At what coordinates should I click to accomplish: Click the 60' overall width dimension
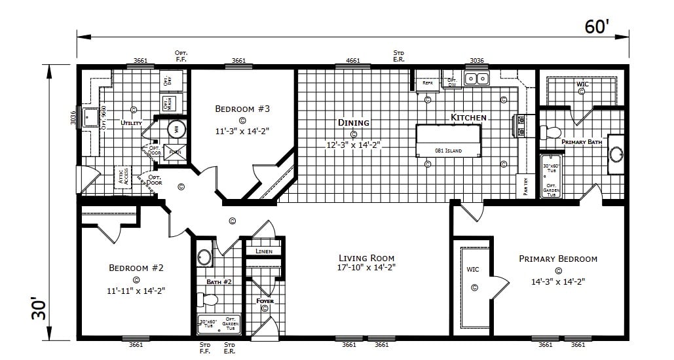pyautogui.click(x=597, y=27)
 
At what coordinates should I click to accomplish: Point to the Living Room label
pyautogui.click(x=366, y=258)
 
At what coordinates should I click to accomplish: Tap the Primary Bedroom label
pyautogui.click(x=558, y=259)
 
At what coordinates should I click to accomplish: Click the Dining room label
pyautogui.click(x=354, y=122)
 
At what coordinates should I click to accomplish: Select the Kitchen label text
pyautogui.click(x=468, y=118)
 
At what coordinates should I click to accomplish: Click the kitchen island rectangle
pyautogui.click(x=449, y=140)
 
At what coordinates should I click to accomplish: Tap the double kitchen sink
pyautogui.click(x=476, y=79)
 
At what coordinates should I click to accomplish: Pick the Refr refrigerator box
pyautogui.click(x=427, y=82)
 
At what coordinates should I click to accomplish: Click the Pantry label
pyautogui.click(x=525, y=187)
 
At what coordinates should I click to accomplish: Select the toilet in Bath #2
pyautogui.click(x=208, y=300)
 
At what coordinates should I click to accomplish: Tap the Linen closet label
pyautogui.click(x=264, y=251)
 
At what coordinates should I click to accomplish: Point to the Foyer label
pyautogui.click(x=265, y=301)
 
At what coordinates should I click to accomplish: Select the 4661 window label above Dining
pyautogui.click(x=352, y=61)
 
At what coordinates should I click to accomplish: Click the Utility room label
pyautogui.click(x=131, y=122)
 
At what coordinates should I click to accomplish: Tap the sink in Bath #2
pyautogui.click(x=205, y=257)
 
